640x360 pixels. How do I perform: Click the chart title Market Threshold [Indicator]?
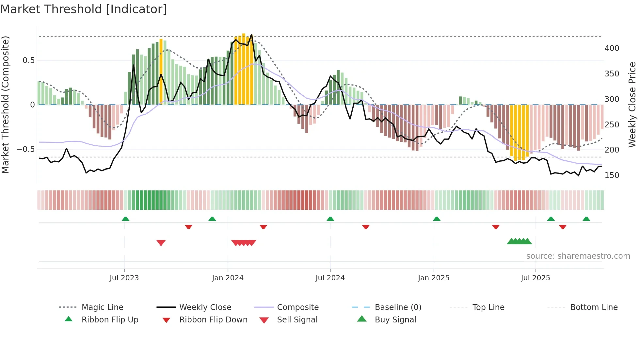coord(84,9)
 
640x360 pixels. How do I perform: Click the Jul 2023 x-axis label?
coord(124,278)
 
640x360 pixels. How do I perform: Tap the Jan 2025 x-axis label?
coord(434,278)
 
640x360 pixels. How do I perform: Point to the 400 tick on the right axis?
coord(612,48)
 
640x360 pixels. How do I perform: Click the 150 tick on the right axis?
coord(612,175)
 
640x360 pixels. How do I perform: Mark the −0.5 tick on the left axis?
coord(25,149)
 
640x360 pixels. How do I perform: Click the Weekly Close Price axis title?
coord(632,105)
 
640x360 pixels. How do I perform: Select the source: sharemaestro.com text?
coord(578,256)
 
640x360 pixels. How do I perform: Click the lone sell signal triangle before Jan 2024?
coord(161,243)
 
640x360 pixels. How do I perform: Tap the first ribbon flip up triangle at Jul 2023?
coord(125,219)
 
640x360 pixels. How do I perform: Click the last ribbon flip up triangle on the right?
coord(586,219)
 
